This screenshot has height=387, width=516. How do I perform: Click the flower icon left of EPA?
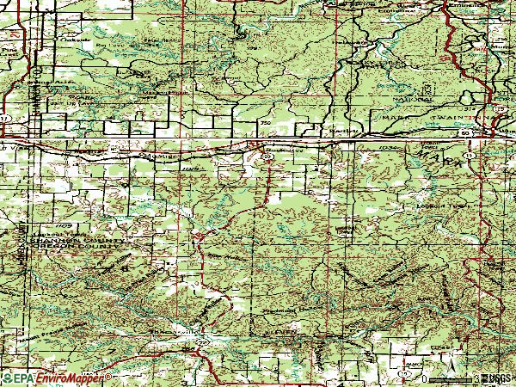6,378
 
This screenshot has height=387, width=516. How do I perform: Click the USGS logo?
497,378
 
